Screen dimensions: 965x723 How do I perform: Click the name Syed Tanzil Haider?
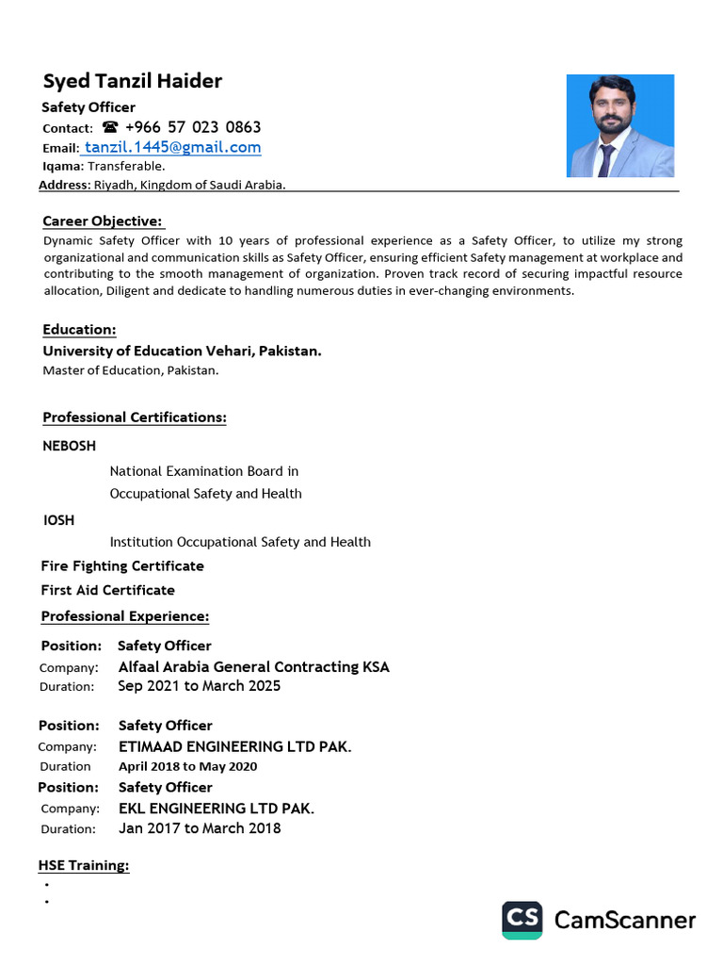(x=133, y=81)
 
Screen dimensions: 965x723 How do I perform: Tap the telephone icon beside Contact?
(x=111, y=127)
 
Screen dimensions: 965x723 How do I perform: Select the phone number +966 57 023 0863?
(x=193, y=127)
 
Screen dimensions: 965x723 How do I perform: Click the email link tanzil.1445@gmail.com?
(x=173, y=148)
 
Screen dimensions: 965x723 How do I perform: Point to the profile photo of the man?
(x=619, y=126)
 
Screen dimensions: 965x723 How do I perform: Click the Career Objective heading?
(x=103, y=221)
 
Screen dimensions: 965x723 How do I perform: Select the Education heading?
(x=79, y=330)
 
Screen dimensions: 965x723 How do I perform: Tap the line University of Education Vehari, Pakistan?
(x=182, y=351)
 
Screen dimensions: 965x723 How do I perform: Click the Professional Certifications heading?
(x=134, y=417)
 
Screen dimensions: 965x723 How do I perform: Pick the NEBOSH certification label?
(x=69, y=446)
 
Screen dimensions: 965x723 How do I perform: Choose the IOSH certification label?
(x=58, y=520)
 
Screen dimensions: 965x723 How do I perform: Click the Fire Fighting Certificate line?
(x=122, y=566)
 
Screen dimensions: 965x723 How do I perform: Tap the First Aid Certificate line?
(x=107, y=591)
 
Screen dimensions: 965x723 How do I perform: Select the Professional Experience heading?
(x=124, y=616)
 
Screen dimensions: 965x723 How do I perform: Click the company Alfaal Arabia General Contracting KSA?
(x=253, y=667)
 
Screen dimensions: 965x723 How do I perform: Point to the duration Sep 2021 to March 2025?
(x=199, y=686)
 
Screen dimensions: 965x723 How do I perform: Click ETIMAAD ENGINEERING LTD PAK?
(x=234, y=747)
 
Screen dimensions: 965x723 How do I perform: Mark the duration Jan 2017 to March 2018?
(x=199, y=828)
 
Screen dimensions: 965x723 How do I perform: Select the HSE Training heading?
(x=83, y=865)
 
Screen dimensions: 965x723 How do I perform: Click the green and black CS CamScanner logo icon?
(x=522, y=920)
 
